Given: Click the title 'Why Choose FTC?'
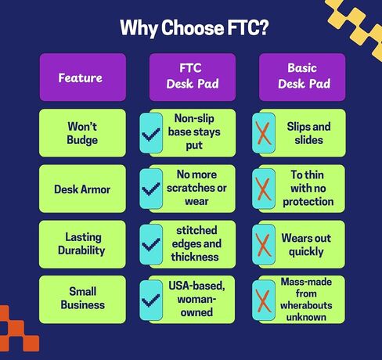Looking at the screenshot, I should pyautogui.click(x=190, y=28).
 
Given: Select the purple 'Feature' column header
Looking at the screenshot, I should pyautogui.click(x=81, y=77).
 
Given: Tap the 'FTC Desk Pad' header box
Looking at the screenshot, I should pyautogui.click(x=192, y=77).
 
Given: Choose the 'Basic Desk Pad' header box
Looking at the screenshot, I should pyautogui.click(x=301, y=77).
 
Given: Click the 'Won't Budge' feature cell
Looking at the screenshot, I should pyautogui.click(x=81, y=133).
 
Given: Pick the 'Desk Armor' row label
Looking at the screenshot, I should pyautogui.click(x=81, y=189).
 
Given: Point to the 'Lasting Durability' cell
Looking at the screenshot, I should pyautogui.click(x=81, y=244).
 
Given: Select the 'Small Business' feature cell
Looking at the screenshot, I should pyautogui.click(x=81, y=300).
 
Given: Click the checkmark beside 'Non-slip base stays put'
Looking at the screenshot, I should pyautogui.click(x=151, y=134).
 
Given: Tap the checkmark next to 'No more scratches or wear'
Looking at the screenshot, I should pyautogui.click(x=151, y=189).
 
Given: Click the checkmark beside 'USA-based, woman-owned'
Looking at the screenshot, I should pyautogui.click(x=151, y=301).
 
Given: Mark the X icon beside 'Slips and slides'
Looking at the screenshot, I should pyautogui.click(x=263, y=134).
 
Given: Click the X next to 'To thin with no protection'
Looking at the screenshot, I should pyautogui.click(x=263, y=189).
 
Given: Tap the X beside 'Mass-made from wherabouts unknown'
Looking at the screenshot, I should pyautogui.click(x=263, y=301).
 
